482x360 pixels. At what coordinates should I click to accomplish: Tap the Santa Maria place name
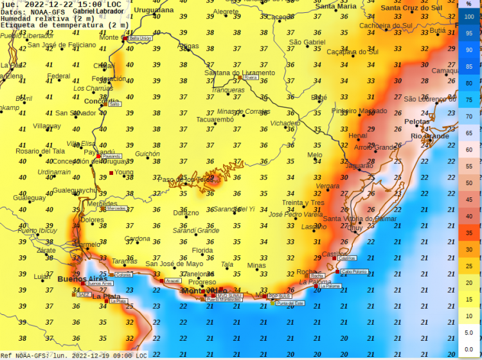[x=336, y=6]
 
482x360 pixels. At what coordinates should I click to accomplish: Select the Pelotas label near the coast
[x=416, y=122]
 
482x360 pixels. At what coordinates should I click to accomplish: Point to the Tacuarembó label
[x=215, y=120]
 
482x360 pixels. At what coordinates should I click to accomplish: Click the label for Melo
[x=315, y=155]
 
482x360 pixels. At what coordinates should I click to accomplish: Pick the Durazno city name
[x=186, y=212]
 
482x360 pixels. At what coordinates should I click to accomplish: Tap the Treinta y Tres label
[x=303, y=203]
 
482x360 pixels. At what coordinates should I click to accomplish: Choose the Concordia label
[x=102, y=101]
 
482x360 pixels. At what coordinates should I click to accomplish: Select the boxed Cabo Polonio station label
[x=354, y=272]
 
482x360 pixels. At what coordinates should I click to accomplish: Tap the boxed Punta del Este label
[x=290, y=303]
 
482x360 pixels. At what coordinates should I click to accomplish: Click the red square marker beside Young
[x=111, y=173]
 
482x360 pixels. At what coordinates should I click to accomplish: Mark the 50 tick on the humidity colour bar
[x=469, y=183]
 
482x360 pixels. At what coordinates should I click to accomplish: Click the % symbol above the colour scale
[x=469, y=4]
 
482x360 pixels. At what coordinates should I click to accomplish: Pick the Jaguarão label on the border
[x=359, y=165]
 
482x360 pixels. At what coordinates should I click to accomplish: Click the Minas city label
[x=256, y=265]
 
